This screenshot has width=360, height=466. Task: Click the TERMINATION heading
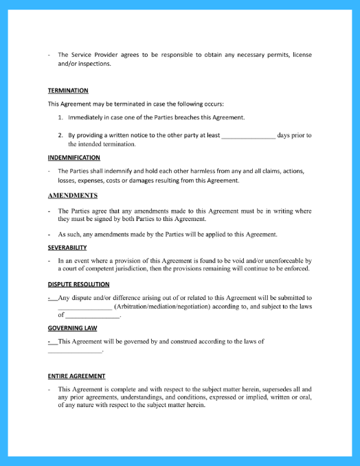click(68, 91)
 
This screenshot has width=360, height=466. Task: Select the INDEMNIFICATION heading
click(74, 158)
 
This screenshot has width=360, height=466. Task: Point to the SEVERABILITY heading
click(67, 247)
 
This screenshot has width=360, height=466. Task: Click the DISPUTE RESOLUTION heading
click(78, 284)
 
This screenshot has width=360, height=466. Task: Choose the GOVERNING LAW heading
click(72, 328)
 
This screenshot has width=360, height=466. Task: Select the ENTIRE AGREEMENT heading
click(76, 376)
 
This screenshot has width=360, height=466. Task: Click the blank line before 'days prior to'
click(248, 136)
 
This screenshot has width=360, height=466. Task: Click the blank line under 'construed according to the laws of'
click(75, 351)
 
